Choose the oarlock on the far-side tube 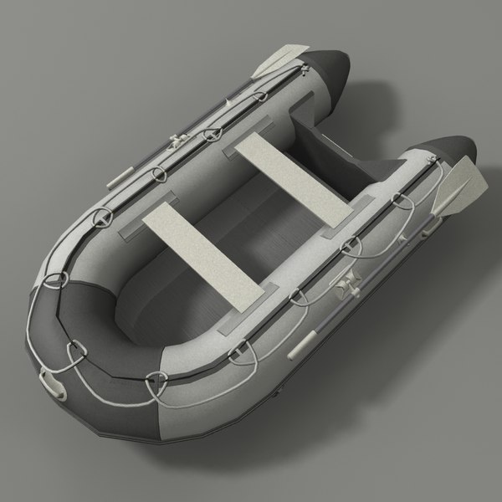tap(177, 141)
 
